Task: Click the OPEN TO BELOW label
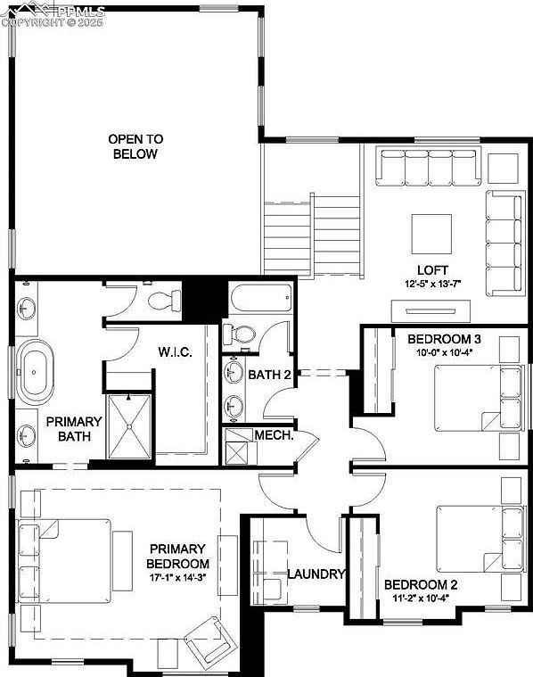click(135, 146)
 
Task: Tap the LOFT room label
click(431, 270)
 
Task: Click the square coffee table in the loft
click(430, 234)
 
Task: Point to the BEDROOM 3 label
click(444, 339)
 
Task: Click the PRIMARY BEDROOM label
click(178, 557)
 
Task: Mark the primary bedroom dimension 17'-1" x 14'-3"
click(178, 579)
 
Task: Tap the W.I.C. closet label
click(176, 351)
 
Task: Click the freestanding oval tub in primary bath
click(36, 368)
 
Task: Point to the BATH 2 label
click(270, 375)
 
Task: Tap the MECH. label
click(275, 435)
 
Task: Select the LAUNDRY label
click(315, 574)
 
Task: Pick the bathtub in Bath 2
click(259, 300)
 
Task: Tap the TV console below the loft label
click(431, 311)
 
